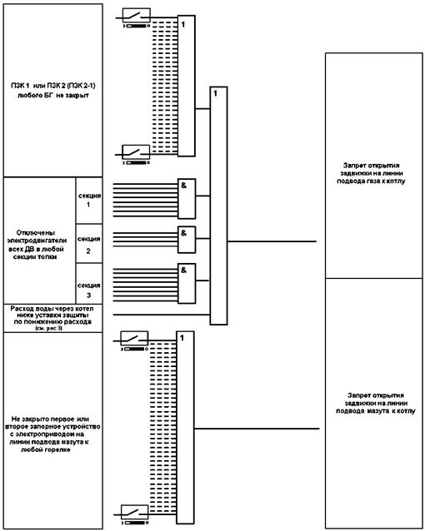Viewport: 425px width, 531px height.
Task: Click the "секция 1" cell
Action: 89,200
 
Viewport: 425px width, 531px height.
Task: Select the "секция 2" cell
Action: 89,244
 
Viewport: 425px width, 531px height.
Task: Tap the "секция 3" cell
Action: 89,284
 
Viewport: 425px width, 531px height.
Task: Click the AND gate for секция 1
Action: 187,199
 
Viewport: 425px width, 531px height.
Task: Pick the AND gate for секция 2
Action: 187,240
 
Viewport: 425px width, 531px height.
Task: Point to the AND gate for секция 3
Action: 187,284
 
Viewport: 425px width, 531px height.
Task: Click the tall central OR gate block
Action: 218,206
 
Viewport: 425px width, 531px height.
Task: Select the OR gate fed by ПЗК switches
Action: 187,86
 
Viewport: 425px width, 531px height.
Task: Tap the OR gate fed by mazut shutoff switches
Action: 185,427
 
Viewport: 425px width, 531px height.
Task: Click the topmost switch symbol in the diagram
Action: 137,16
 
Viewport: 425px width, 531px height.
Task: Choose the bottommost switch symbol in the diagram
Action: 135,512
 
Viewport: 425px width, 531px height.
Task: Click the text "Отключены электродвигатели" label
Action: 37,236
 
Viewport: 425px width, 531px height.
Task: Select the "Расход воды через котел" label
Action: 52,309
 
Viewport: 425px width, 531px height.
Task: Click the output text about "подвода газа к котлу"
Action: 371,181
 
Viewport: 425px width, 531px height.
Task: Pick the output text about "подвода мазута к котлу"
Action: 376,411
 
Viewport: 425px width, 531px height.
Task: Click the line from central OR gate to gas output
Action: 272,241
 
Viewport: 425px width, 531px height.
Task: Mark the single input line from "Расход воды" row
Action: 162,315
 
